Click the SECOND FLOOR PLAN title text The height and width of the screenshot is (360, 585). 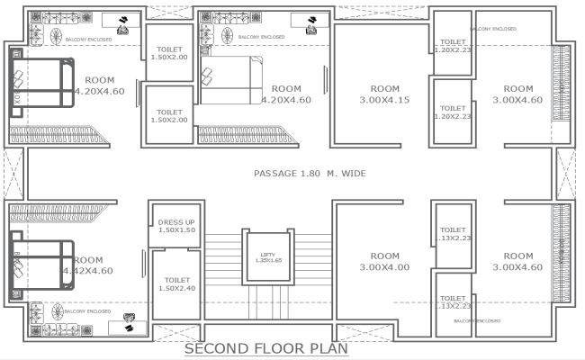coord(265,348)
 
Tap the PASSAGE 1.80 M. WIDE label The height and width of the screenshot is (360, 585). coord(310,173)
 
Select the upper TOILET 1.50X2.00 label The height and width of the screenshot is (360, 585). coord(169,53)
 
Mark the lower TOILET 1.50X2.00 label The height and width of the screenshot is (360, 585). coord(169,114)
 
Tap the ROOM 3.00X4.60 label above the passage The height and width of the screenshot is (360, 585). coord(517,94)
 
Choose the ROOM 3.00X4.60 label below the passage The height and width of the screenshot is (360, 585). coord(517,261)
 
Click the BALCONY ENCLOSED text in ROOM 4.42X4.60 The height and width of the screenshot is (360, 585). coord(88,311)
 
